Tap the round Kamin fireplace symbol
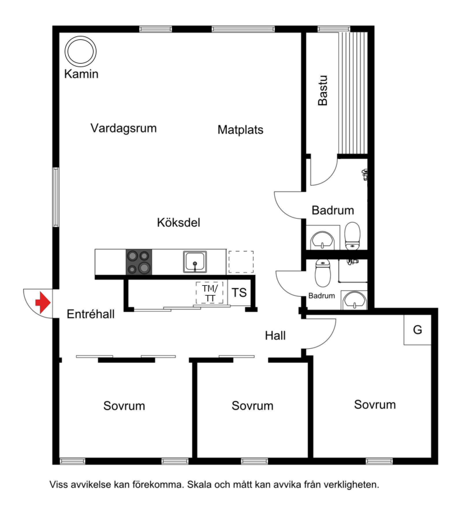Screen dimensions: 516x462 click(x=80, y=51)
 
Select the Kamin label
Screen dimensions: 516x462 click(x=81, y=74)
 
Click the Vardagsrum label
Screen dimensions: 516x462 click(x=124, y=128)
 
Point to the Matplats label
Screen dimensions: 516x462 click(x=241, y=130)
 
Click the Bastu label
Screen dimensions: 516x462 click(x=323, y=91)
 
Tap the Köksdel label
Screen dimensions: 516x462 click(x=178, y=223)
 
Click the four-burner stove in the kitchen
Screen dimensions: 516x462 click(x=139, y=262)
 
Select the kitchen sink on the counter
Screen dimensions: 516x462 click(x=195, y=262)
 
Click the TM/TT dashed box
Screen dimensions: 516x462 click(x=210, y=293)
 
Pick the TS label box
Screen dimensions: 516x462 click(x=239, y=293)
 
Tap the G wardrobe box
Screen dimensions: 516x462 click(x=417, y=330)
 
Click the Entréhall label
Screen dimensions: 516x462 click(x=91, y=314)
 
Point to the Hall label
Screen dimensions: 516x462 click(x=275, y=336)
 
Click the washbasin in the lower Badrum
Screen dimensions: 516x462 click(x=354, y=300)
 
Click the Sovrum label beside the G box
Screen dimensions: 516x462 click(x=375, y=405)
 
